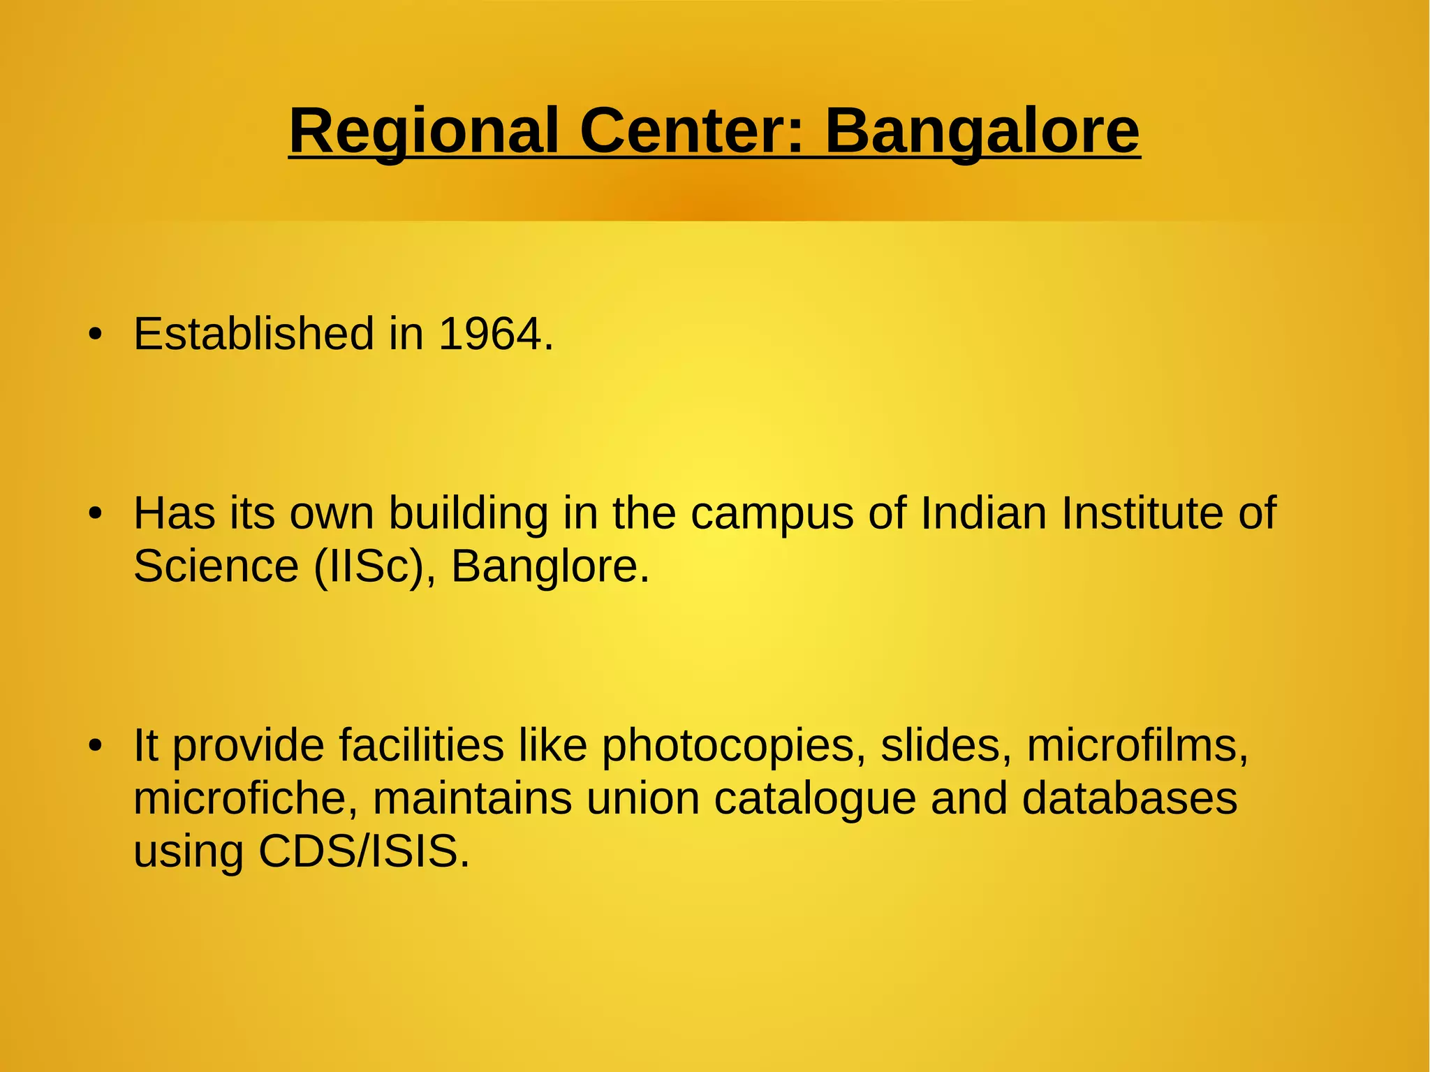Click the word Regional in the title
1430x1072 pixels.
424,131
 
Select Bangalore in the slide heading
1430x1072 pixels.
982,131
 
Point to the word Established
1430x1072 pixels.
254,334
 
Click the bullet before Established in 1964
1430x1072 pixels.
96,335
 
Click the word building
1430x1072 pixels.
469,514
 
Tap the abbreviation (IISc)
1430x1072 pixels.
368,566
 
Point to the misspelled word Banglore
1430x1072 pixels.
550,566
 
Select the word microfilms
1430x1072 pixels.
1137,745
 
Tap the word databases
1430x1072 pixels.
1130,798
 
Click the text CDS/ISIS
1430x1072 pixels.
364,851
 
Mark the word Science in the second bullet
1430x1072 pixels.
216,566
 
